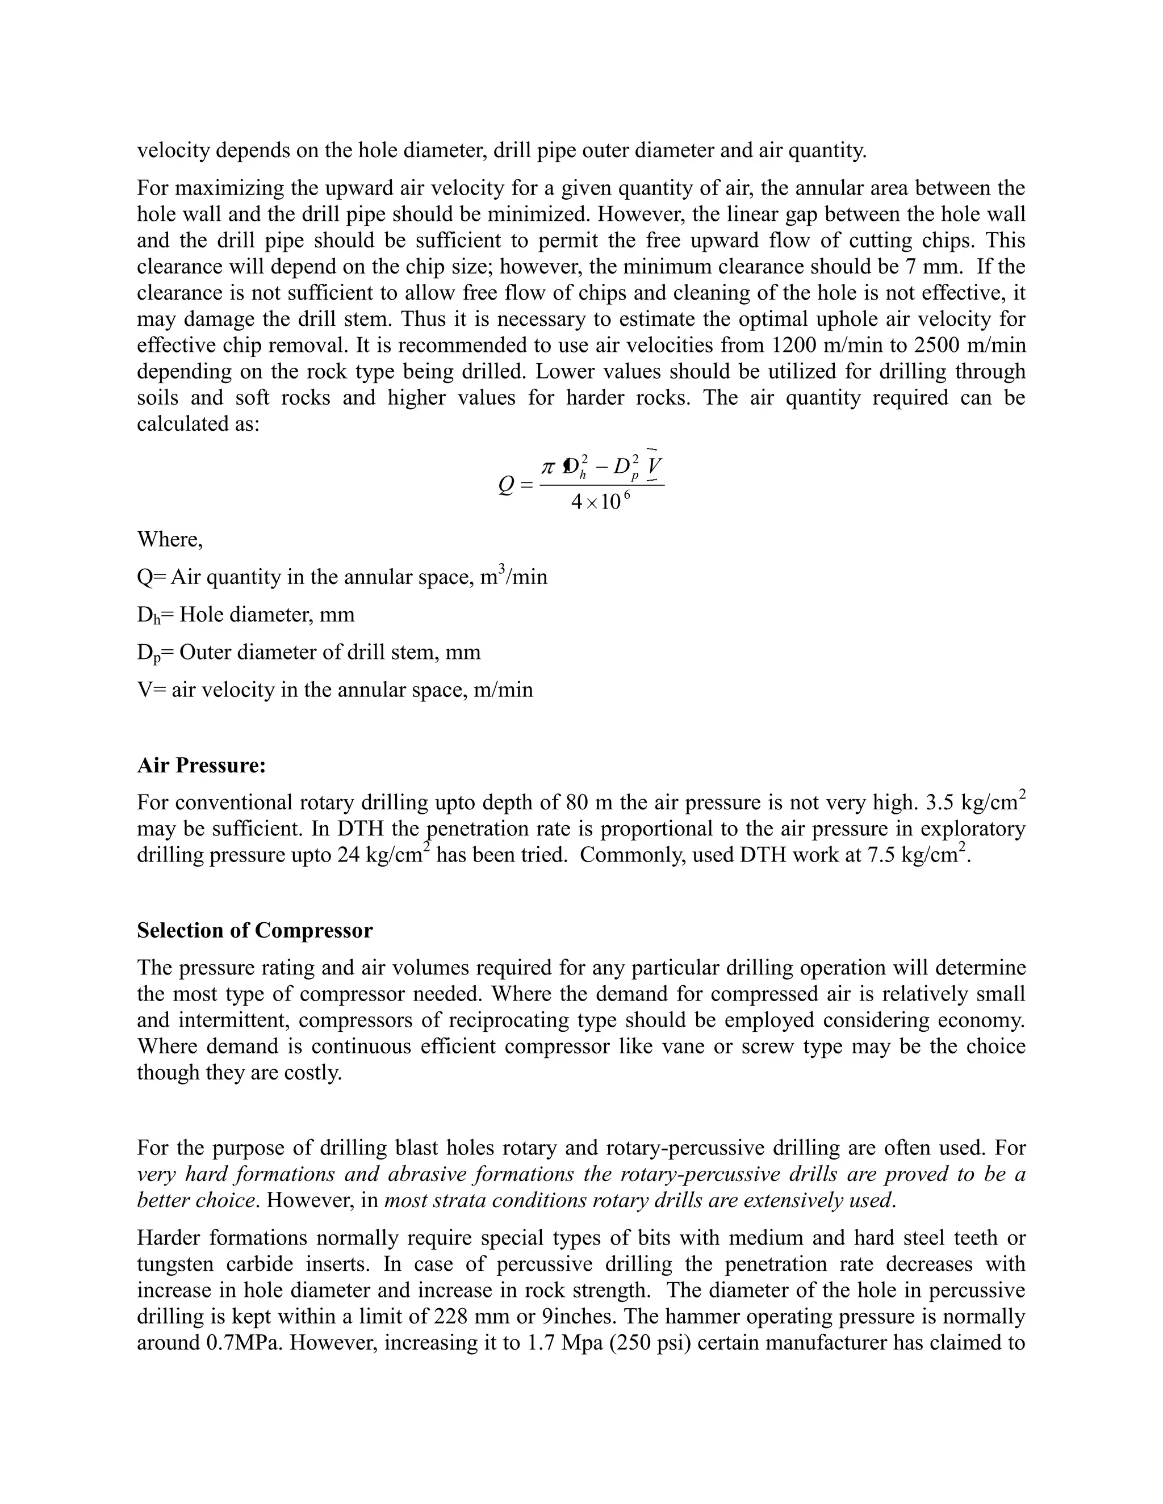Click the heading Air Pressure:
(201, 765)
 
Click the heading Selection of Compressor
(254, 930)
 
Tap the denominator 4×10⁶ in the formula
(600, 502)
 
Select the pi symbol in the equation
(549, 467)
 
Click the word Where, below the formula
(169, 539)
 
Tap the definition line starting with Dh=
(245, 614)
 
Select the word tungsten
(174, 1264)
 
